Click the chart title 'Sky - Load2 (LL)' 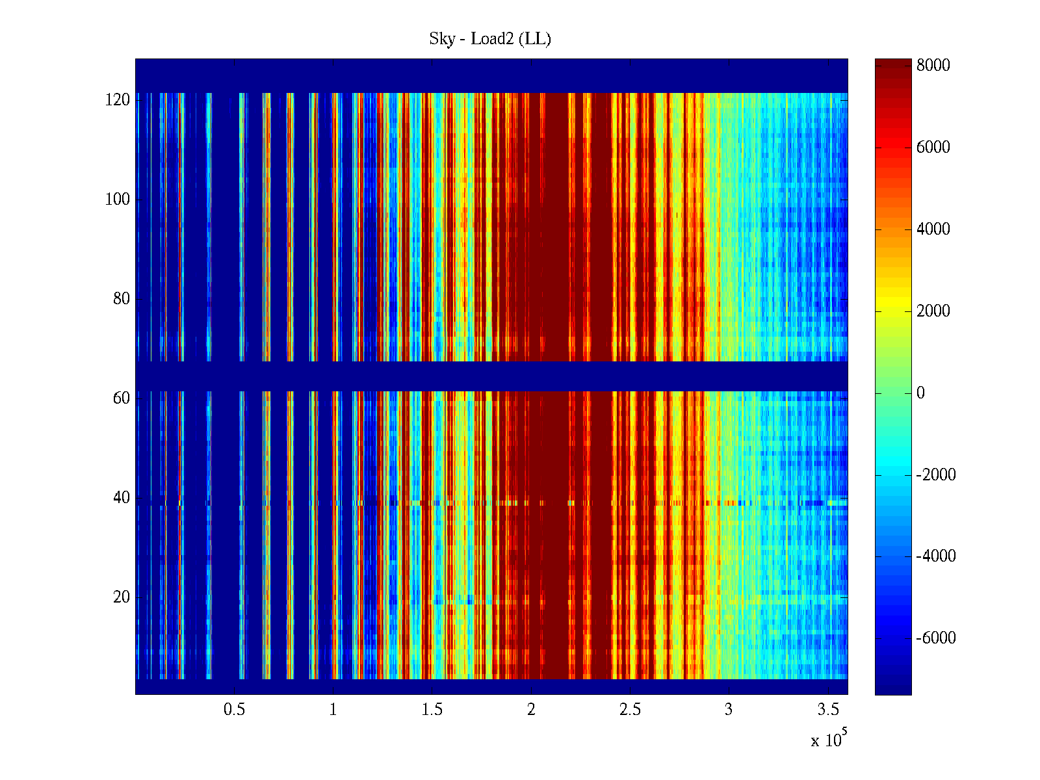tap(490, 39)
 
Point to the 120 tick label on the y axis tap(117, 100)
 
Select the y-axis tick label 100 tap(117, 200)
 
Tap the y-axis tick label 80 tap(121, 299)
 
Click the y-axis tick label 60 tap(121, 398)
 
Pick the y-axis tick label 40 tap(121, 498)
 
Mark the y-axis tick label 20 tap(121, 597)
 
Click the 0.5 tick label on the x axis tap(234, 710)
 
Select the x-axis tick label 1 tap(333, 710)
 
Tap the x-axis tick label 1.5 tap(432, 710)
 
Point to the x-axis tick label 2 tap(531, 710)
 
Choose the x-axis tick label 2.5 tap(630, 710)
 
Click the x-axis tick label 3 tap(729, 710)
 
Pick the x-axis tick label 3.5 tap(828, 710)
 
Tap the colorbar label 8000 tap(933, 65)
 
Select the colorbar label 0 tap(920, 393)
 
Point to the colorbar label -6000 tap(936, 638)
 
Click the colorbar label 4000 tap(933, 229)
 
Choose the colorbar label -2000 tap(936, 474)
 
